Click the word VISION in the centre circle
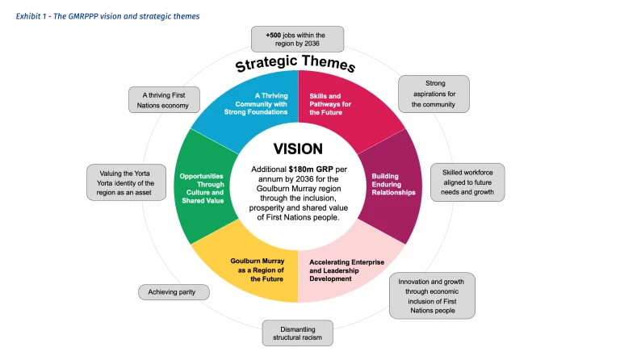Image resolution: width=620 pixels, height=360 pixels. coord(298,149)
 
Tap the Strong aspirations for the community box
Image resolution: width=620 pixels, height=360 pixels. coord(434,94)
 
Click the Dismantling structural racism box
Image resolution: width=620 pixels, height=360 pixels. coord(297,333)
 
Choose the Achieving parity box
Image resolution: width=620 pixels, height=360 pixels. coord(173,291)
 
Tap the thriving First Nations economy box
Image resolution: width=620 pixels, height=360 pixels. coord(164,99)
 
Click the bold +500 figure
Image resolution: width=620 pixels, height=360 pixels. coord(274,35)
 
